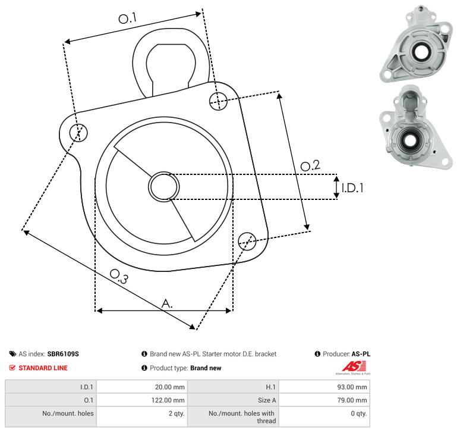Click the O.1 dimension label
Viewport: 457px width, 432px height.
127,18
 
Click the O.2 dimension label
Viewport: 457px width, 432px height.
310,165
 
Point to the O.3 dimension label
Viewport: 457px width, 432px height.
119,276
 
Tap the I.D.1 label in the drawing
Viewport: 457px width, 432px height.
352,188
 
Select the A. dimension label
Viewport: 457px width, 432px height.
167,303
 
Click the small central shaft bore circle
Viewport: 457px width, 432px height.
164,187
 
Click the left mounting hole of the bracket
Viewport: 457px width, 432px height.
78,133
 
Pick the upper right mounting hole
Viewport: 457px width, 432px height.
218,101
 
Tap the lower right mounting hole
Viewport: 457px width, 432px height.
247,242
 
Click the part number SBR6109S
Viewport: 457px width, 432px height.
63,354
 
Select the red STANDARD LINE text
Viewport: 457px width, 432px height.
43,368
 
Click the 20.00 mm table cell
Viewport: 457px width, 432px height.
142,387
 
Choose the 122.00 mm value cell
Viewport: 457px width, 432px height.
142,400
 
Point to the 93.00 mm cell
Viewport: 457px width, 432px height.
324,387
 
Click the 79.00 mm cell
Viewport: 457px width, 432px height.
324,400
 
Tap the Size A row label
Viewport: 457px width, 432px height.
267,400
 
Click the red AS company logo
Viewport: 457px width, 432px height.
354,367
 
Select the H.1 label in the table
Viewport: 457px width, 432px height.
270,387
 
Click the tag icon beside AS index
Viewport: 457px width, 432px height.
12,354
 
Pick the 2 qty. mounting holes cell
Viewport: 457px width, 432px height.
142,417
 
